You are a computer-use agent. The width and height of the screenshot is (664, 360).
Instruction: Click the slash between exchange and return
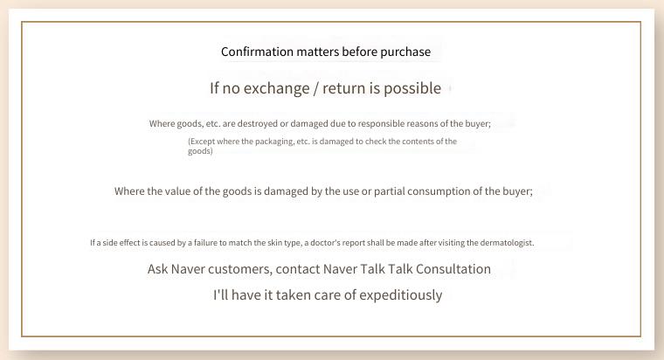(x=316, y=88)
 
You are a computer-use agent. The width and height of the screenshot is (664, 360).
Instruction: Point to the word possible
(x=412, y=88)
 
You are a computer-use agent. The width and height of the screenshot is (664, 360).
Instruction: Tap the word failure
(x=208, y=243)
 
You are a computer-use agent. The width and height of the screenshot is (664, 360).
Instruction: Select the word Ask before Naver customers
(x=158, y=269)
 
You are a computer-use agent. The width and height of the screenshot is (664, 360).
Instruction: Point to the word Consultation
(x=453, y=269)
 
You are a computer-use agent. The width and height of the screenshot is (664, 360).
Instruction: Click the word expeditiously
(x=401, y=295)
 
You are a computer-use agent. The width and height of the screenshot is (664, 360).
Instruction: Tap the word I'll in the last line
(x=220, y=294)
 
